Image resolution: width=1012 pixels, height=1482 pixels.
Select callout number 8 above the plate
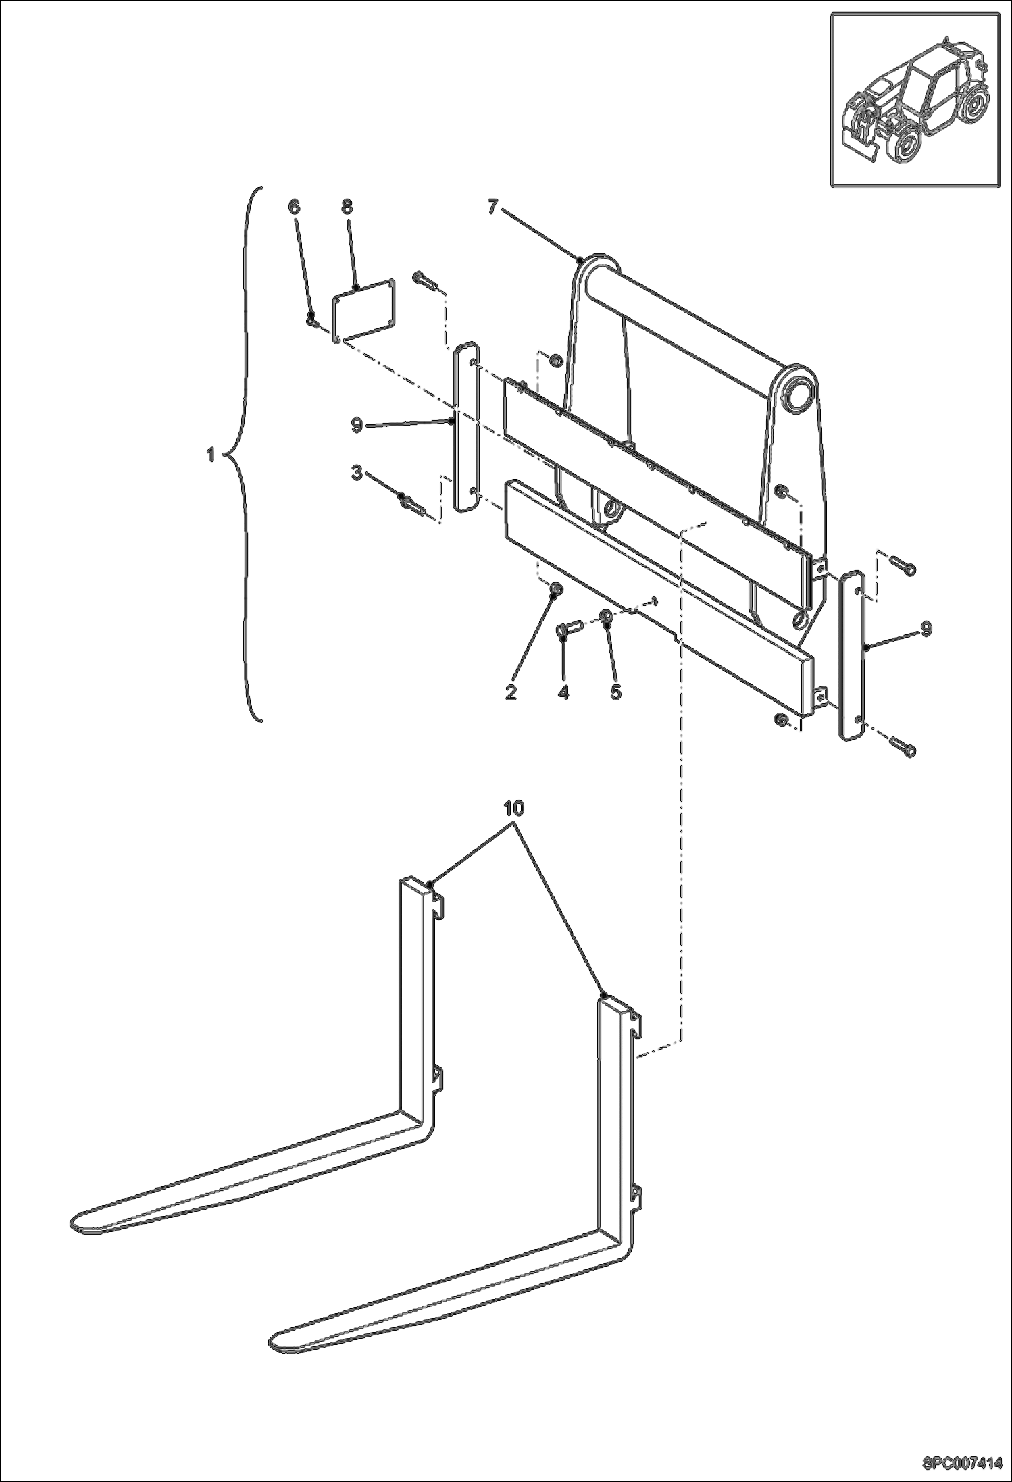pos(347,207)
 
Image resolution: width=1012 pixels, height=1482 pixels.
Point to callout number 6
pos(294,207)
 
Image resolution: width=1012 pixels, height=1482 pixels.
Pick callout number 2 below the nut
pos(511,692)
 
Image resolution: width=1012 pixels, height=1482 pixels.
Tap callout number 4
pos(563,692)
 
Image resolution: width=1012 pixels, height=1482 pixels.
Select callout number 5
pos(615,692)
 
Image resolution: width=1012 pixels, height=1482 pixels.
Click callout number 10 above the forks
pos(514,808)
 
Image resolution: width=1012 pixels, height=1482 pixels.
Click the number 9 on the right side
pos(926,628)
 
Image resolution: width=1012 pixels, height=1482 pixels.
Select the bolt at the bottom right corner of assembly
pos(904,748)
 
